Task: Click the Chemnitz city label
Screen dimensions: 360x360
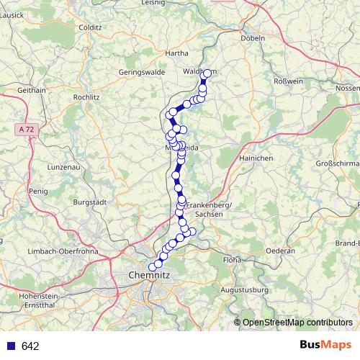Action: (149, 275)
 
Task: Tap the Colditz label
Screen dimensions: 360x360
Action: (91, 27)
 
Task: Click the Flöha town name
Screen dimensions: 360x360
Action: (231, 258)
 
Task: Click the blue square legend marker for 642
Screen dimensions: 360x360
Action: (11, 346)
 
